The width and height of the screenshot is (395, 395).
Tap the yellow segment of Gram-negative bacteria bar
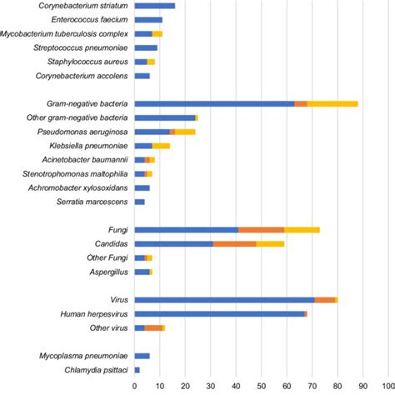[332, 103]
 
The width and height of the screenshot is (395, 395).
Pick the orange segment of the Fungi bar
[261, 229]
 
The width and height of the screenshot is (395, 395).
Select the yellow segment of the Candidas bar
[270, 243]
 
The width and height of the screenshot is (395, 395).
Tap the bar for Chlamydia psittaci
[137, 369]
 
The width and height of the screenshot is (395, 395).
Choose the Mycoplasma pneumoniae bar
[142, 355]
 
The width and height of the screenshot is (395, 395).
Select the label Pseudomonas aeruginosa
[82, 132]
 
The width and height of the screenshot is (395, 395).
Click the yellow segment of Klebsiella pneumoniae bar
[164, 146]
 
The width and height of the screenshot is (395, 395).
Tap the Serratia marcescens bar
[139, 202]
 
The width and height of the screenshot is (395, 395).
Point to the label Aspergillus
[108, 272]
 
